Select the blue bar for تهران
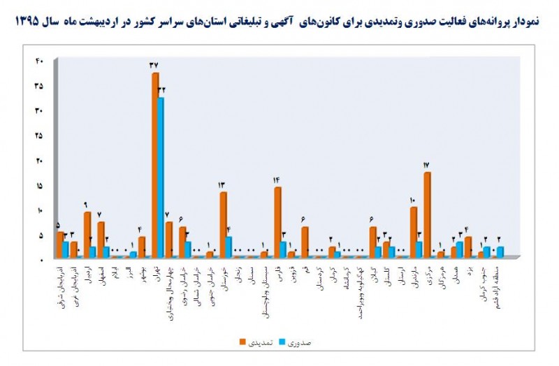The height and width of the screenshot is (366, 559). point(161,177)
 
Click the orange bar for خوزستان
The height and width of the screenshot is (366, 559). point(223,224)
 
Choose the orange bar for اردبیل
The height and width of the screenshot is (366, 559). point(87,234)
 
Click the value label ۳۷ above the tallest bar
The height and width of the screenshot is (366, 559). point(154,65)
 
